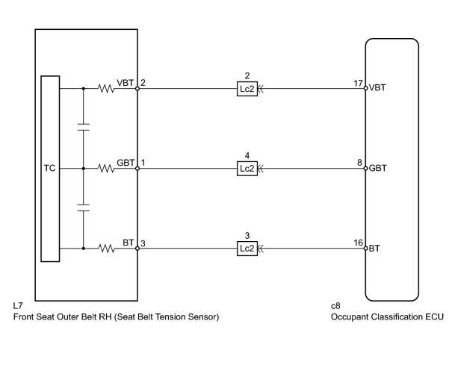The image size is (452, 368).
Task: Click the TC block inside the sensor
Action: pos(50,169)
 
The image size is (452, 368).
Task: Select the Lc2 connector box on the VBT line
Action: pos(247,89)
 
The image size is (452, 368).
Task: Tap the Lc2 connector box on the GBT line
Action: pos(247,169)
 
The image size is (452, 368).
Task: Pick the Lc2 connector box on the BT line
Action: pos(247,249)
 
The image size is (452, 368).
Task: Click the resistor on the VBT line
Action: pos(106,88)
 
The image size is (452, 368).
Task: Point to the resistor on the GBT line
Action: pos(106,169)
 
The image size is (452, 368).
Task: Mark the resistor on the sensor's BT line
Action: pos(106,249)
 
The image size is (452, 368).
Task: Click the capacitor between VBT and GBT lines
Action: pos(84,127)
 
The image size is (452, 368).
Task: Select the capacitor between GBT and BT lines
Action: pos(84,208)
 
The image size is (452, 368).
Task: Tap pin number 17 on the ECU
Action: pos(358,83)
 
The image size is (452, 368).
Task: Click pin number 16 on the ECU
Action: pos(358,243)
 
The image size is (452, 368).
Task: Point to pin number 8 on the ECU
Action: pos(359,163)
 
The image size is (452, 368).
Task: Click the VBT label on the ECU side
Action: pos(377,87)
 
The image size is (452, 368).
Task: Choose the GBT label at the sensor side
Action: pos(126,163)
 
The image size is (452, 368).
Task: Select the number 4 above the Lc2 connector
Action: pos(247,156)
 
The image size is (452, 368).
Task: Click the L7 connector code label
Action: pos(18,305)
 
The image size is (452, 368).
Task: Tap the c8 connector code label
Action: pos(335,306)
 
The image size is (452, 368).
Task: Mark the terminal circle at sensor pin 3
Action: pos(137,249)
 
